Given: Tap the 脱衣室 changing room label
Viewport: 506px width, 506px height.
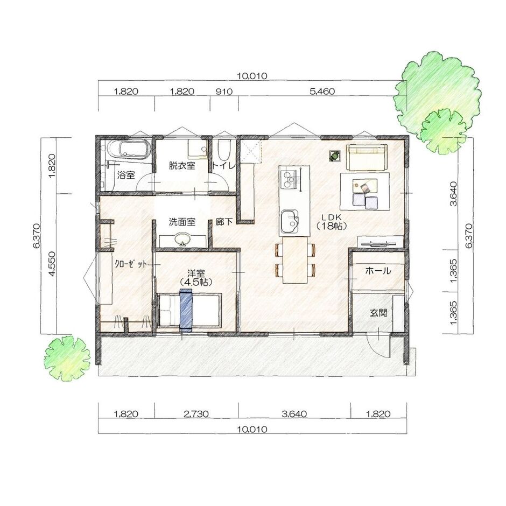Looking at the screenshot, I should tap(181, 165).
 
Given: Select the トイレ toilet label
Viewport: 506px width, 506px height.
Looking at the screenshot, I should tap(224, 166).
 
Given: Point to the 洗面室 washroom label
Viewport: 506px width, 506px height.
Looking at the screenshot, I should tap(181, 221).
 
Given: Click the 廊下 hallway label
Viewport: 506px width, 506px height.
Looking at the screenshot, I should tap(223, 221).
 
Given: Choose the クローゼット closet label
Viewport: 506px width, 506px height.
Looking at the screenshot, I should tap(131, 264).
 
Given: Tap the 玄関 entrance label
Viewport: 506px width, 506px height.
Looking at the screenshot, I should tap(378, 313).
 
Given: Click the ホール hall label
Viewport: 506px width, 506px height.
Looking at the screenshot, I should tap(378, 271).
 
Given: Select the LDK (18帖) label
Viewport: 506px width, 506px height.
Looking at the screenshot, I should tap(328, 221).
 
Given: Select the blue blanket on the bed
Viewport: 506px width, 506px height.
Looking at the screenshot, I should tap(186, 309).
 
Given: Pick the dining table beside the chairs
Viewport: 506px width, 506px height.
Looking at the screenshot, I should tap(294, 260).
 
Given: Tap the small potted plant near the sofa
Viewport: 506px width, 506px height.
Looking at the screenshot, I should tap(335, 156).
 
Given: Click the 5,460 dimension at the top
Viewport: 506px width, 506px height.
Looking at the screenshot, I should tap(322, 92).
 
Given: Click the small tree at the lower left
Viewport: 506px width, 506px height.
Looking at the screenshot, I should tap(67, 357).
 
